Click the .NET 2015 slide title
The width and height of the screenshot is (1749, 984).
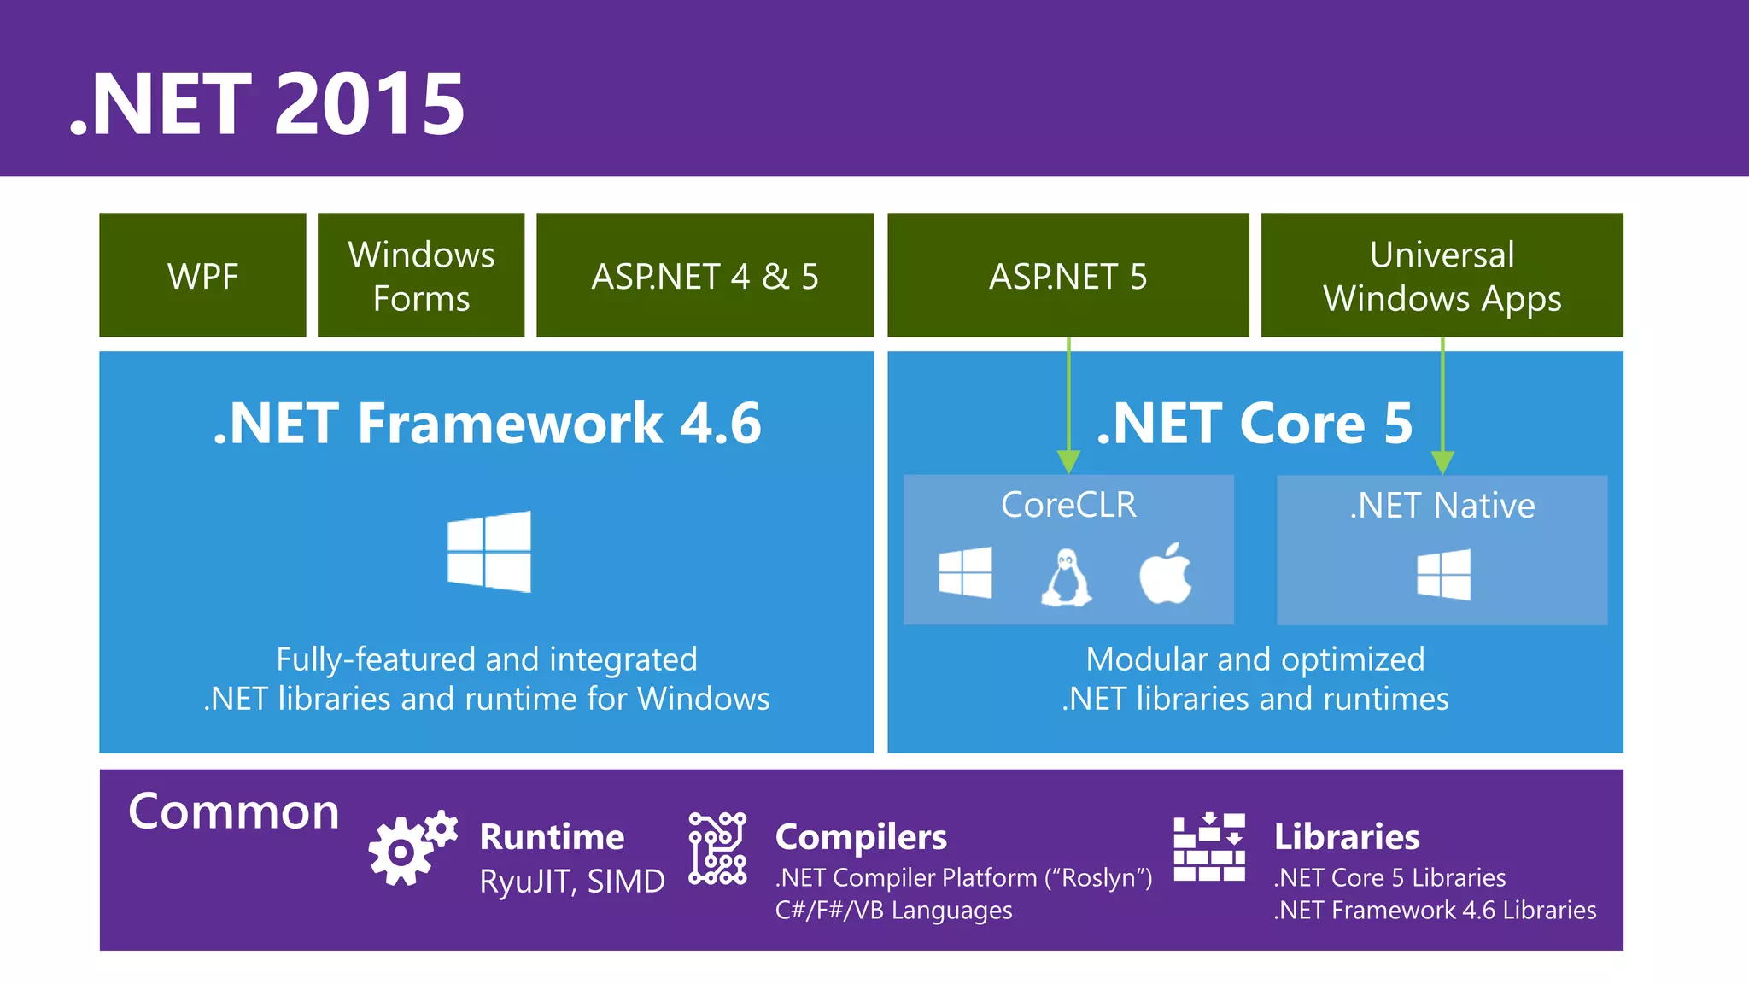click(x=267, y=104)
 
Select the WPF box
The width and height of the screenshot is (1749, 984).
click(x=202, y=275)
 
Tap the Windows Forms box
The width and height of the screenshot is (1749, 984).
click(x=421, y=275)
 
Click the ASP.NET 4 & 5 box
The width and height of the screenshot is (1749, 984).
click(x=705, y=275)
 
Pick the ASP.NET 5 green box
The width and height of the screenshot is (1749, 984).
click(x=1068, y=275)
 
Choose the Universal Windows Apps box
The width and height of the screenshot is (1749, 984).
click(x=1442, y=275)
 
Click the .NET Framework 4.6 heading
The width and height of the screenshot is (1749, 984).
click(x=487, y=423)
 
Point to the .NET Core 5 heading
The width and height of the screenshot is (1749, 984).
click(x=1254, y=423)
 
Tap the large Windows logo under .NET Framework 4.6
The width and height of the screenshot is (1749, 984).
click(x=489, y=551)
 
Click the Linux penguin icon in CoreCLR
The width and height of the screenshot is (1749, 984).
click(x=1066, y=578)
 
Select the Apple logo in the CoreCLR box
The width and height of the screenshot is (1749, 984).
click(x=1166, y=573)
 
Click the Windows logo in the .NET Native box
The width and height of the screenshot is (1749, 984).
click(x=1443, y=574)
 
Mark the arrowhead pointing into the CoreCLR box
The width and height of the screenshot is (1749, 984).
click(x=1068, y=461)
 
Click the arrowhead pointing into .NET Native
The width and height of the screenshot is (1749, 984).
click(x=1442, y=461)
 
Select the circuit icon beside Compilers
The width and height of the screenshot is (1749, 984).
click(x=717, y=848)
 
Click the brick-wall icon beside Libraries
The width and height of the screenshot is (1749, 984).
click(x=1209, y=847)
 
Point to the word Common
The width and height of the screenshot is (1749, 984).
click(x=233, y=811)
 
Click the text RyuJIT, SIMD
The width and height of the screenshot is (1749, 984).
click(x=571, y=881)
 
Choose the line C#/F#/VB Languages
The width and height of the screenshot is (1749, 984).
click(x=893, y=911)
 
